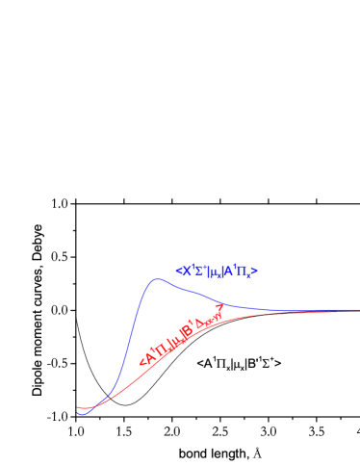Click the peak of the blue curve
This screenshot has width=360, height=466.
(156, 279)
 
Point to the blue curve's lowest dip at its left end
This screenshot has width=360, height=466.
(83, 413)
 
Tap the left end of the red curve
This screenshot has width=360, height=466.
(78, 408)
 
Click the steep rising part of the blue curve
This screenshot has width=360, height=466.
(130, 337)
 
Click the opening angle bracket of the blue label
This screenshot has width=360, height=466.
(179, 271)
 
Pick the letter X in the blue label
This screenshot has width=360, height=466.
(186, 271)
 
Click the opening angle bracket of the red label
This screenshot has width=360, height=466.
(142, 361)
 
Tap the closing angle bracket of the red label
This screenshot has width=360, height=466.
(220, 309)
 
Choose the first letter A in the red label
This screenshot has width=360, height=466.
(149, 355)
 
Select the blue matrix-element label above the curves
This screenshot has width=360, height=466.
(217, 271)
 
